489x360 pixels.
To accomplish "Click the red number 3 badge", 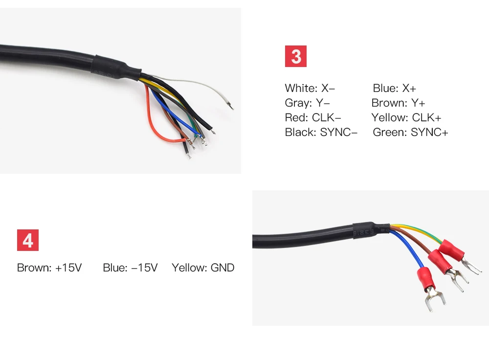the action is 296,56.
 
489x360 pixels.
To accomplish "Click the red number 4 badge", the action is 28,241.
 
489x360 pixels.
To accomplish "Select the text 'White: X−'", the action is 310,89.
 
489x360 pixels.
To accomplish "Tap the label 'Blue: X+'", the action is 394,89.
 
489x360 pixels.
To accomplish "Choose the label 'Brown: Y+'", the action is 398,103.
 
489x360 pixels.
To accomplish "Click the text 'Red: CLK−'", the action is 313,118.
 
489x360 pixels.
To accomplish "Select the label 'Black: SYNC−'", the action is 321,133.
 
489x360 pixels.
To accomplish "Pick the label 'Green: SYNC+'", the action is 410,133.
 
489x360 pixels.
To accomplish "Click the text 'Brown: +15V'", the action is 49,268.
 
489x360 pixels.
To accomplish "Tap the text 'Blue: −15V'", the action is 130,268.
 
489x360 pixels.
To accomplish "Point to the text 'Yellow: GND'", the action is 203,268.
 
